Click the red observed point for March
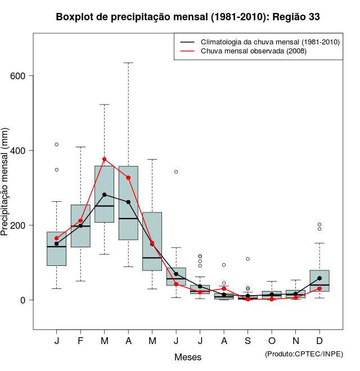(105, 160)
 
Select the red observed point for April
(128, 178)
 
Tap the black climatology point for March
(105, 194)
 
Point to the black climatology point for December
(319, 278)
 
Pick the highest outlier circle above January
(57, 144)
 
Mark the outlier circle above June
(176, 171)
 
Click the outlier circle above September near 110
(247, 259)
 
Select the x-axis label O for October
(272, 341)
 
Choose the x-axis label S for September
(247, 341)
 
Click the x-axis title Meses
(188, 357)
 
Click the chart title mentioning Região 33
(188, 17)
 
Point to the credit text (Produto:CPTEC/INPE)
(304, 354)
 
